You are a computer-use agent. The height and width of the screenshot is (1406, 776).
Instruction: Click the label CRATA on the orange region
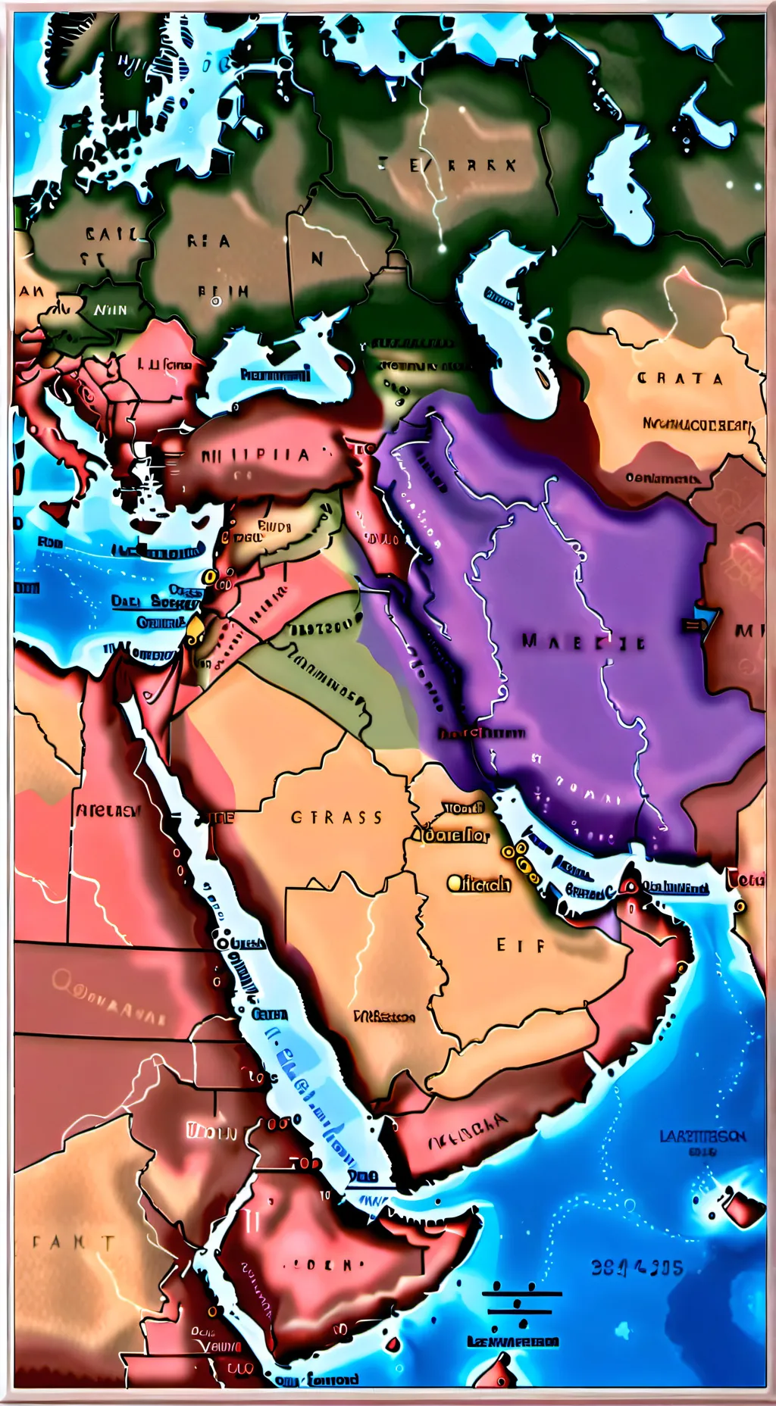(x=680, y=379)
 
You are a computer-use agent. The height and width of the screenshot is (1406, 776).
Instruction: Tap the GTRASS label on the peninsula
(x=336, y=818)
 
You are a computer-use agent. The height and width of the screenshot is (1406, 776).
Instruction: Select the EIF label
(x=521, y=945)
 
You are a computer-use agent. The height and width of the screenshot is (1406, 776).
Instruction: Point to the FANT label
(x=74, y=1243)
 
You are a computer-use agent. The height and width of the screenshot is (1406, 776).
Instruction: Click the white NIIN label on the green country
(x=111, y=310)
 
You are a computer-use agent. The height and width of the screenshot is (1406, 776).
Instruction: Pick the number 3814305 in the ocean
(x=637, y=1268)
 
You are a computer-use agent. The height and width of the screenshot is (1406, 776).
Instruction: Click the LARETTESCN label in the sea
(x=702, y=1137)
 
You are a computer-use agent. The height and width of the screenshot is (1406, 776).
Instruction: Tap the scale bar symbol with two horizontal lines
(x=521, y=1304)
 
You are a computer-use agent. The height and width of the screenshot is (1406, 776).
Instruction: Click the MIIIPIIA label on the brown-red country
(x=255, y=456)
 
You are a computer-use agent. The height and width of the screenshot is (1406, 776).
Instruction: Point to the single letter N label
(x=317, y=259)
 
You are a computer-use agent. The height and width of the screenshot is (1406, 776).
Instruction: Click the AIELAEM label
(x=108, y=811)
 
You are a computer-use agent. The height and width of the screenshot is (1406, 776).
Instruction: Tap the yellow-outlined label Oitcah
(x=479, y=883)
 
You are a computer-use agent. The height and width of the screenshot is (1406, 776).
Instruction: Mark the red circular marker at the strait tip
(x=630, y=886)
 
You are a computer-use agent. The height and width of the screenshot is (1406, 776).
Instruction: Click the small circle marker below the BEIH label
(x=216, y=302)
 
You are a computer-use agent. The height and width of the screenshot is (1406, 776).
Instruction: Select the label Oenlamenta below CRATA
(x=662, y=478)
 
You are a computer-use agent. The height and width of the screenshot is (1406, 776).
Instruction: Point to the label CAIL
(x=111, y=234)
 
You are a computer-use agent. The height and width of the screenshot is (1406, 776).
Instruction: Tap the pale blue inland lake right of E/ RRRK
(x=623, y=186)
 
